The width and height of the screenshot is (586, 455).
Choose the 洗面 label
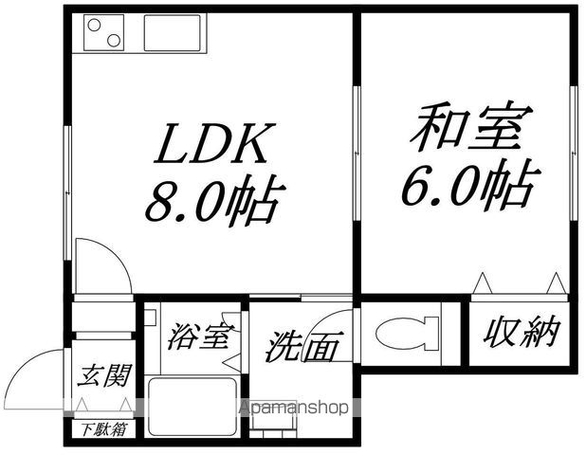coord(302,347)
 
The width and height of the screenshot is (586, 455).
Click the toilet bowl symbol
coord(408,334)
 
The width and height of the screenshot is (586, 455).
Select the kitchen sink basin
coord(172,34)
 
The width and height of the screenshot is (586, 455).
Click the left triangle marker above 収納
coord(482,282)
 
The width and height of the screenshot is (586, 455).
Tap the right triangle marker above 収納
coord(555,282)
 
